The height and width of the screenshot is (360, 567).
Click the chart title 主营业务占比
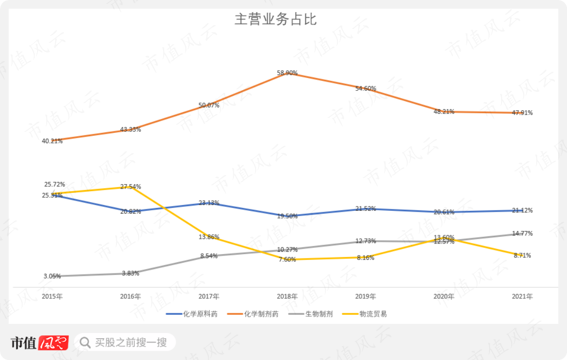pyautogui.click(x=275, y=20)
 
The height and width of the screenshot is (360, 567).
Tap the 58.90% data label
pyautogui.click(x=287, y=73)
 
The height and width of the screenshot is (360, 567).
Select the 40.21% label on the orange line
pyautogui.click(x=52, y=141)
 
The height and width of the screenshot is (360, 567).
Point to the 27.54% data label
pyautogui.click(x=130, y=186)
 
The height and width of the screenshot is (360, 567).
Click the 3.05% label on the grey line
pyautogui.click(x=52, y=276)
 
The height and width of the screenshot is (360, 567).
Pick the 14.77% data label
pyautogui.click(x=523, y=233)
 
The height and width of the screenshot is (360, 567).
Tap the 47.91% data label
pyautogui.click(x=523, y=113)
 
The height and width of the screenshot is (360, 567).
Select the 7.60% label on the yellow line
pyautogui.click(x=287, y=259)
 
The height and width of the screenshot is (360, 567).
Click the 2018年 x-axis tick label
pyautogui.click(x=287, y=296)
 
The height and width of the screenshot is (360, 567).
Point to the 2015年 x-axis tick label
pyautogui.click(x=52, y=296)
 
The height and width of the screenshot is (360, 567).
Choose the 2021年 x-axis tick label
pyautogui.click(x=522, y=296)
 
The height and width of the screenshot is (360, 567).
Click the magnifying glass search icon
pyautogui.click(x=85, y=343)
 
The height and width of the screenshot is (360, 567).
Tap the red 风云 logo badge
pyautogui.click(x=53, y=343)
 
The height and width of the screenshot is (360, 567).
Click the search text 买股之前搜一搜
pyautogui.click(x=131, y=343)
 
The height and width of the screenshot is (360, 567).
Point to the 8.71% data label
pyautogui.click(x=522, y=256)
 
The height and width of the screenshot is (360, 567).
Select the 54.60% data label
pyautogui.click(x=366, y=89)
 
